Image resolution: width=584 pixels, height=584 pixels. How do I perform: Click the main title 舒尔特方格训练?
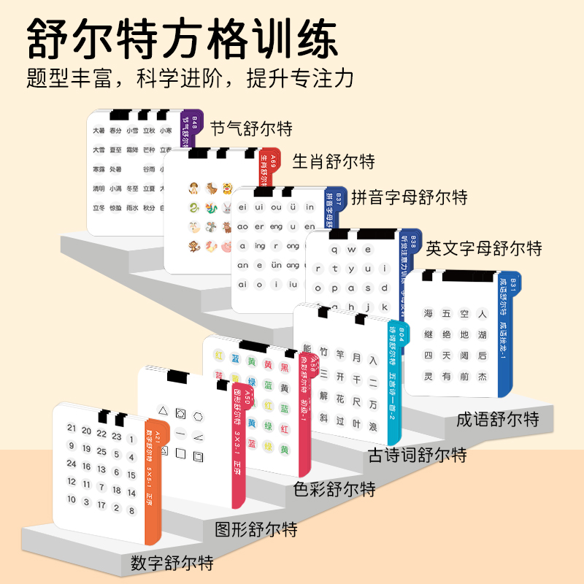pos(182,38)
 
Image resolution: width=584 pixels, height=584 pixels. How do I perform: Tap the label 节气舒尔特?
pos(251,129)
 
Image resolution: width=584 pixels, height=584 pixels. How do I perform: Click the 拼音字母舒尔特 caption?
pos(410,197)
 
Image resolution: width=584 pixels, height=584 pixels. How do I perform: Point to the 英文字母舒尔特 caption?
pos(484,248)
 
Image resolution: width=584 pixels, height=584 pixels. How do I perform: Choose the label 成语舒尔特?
pos(498,420)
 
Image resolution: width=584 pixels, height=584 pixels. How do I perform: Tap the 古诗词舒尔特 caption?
pos(417,456)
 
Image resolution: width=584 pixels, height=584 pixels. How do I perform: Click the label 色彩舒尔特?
pos(334,488)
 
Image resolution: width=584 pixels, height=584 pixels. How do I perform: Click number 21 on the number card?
pos(72,429)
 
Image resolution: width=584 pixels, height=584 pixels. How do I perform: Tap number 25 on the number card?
pos(101,452)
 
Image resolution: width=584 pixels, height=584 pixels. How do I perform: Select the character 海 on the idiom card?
pos(428,314)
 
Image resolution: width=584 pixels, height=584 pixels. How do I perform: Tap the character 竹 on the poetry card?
pos(323,358)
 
